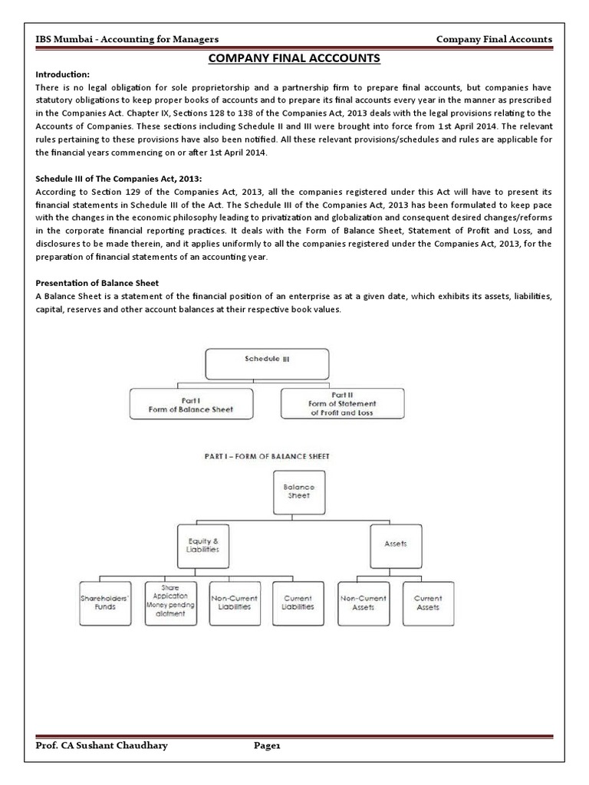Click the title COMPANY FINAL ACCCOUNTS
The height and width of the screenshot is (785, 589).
(294, 59)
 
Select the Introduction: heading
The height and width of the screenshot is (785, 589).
(64, 74)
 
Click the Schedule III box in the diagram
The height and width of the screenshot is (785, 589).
(267, 364)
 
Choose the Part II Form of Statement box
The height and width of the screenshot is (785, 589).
(342, 403)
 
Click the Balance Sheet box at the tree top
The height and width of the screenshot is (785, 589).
(294, 491)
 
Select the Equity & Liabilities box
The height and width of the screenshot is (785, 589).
(202, 544)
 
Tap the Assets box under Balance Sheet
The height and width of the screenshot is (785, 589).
(396, 544)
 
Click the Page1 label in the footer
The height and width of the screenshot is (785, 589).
(269, 746)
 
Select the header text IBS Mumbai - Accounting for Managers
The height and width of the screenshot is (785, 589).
(128, 39)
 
